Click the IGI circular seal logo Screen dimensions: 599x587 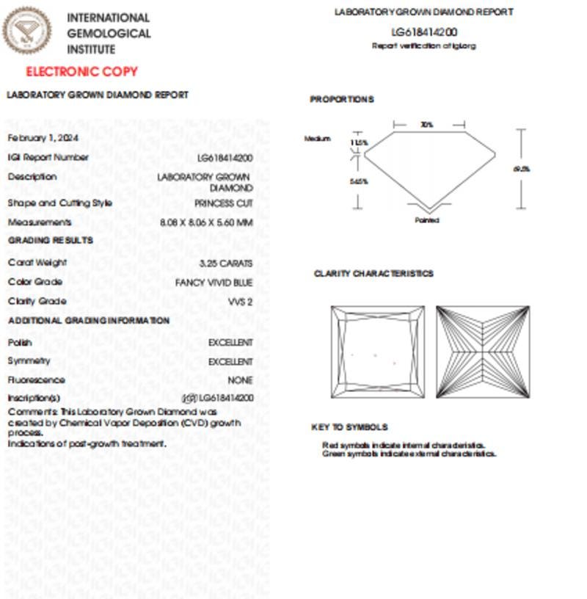coord(27,31)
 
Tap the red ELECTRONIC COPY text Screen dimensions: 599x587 coord(81,72)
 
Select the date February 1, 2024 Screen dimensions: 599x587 coord(43,138)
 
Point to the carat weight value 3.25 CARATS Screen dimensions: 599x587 coord(226,263)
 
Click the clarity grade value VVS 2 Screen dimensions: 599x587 coord(241,302)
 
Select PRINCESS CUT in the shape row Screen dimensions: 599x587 coord(224,203)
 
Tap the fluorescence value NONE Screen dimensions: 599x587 coord(240,380)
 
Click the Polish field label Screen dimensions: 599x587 coord(20,343)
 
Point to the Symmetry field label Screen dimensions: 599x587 coord(29,361)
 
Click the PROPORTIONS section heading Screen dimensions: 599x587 coord(341,100)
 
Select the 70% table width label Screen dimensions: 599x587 coord(426,125)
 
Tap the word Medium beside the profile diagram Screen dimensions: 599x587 coord(318,139)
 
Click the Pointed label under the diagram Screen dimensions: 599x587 coord(427,220)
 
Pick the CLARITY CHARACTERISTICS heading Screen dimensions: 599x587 coord(373,274)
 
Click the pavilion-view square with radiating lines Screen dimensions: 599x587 coord(482,352)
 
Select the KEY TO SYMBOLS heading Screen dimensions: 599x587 coord(349,427)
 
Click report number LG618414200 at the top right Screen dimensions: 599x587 coord(424,32)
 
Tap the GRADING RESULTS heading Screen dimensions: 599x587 coord(51,241)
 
